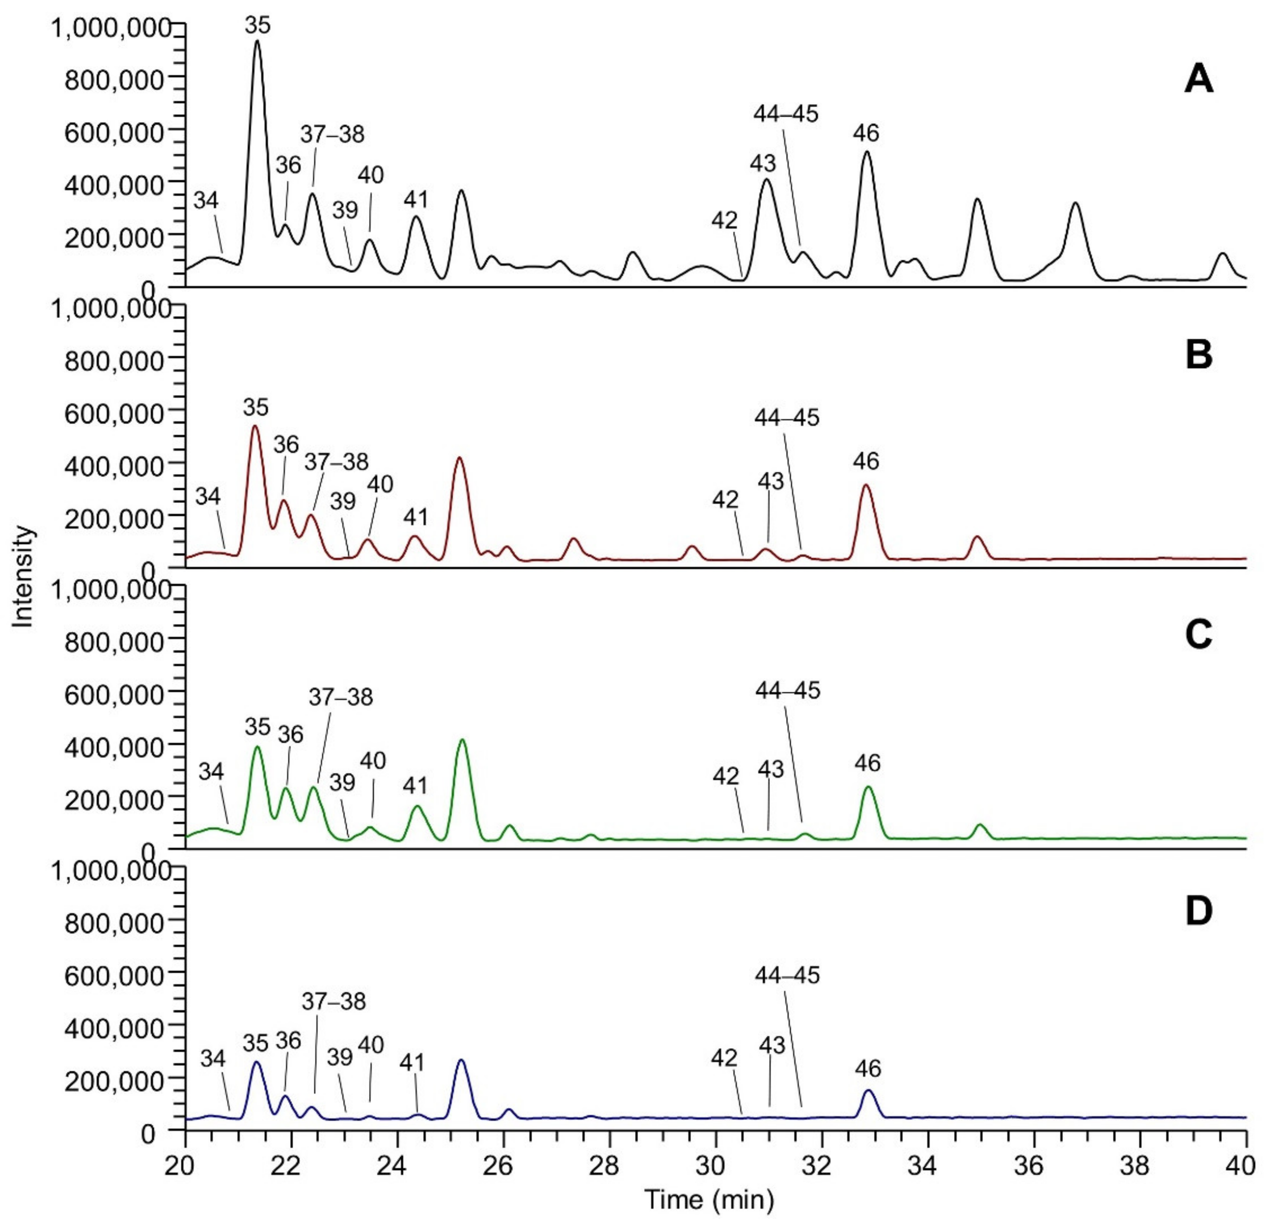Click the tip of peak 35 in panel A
257,41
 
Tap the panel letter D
1198,911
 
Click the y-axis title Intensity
23,576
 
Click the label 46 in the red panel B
866,461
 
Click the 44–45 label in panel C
787,691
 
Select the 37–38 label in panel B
336,462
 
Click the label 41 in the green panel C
415,785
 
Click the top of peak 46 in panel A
866,152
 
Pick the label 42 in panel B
725,499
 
